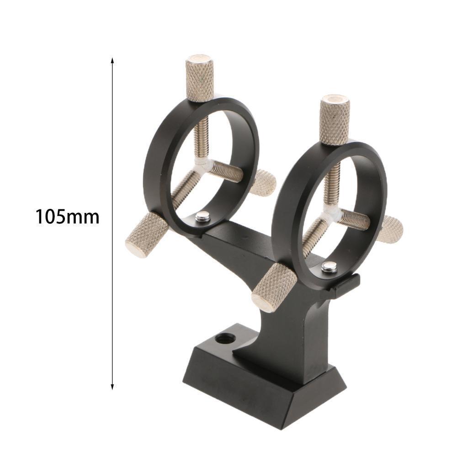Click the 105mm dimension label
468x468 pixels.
(68, 217)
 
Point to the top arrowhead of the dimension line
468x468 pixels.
(112, 61)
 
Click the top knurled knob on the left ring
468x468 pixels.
(200, 78)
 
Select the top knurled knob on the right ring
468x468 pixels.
(335, 120)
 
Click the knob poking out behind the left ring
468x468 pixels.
(264, 182)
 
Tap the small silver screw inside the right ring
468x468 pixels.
(329, 267)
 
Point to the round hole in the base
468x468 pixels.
(225, 339)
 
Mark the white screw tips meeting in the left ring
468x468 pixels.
(202, 165)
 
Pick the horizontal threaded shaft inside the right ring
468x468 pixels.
(355, 219)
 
